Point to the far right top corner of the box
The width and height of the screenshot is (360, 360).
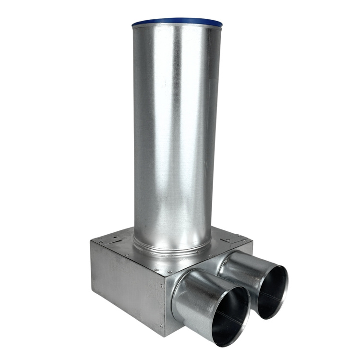[252, 243]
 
